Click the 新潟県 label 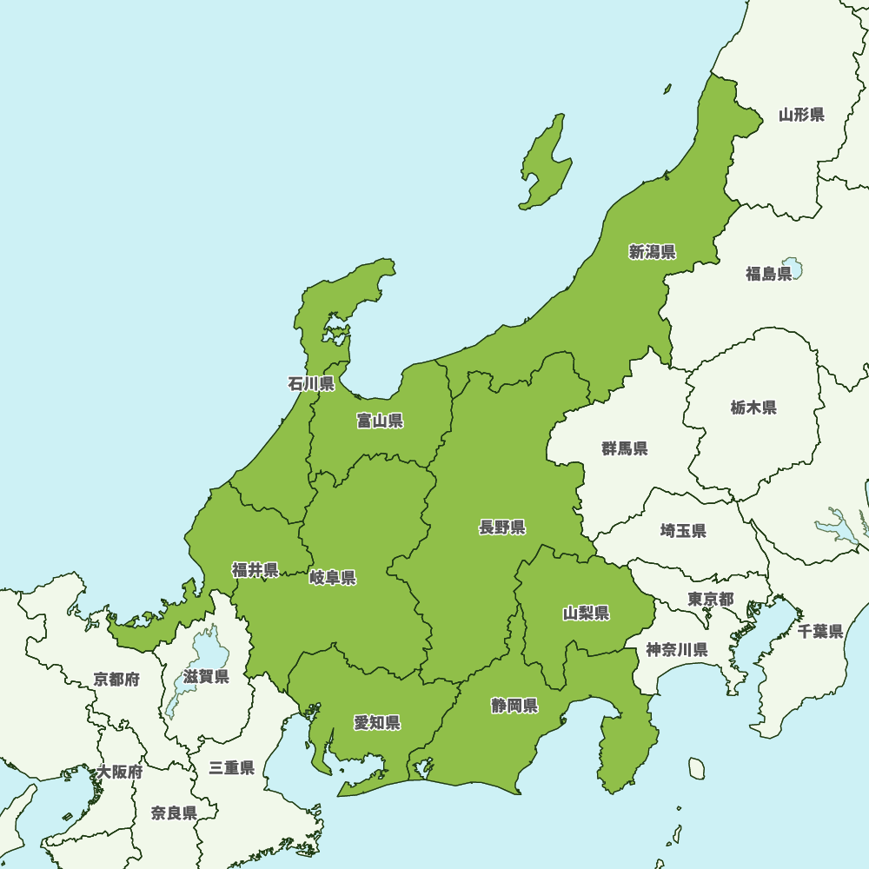(x=652, y=252)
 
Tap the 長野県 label (x=501, y=527)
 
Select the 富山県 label (x=380, y=421)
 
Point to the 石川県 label (x=311, y=383)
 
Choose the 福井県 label (x=255, y=570)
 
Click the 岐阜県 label (x=332, y=578)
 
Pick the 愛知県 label (x=376, y=722)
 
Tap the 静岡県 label (x=514, y=705)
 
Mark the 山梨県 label (x=586, y=614)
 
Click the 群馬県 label (x=625, y=448)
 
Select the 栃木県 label (x=753, y=408)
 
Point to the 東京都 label (x=710, y=600)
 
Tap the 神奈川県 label (x=676, y=649)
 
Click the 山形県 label (x=801, y=114)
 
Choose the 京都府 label (x=116, y=680)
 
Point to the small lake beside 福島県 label (x=792, y=266)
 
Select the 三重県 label (x=231, y=768)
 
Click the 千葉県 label (x=820, y=632)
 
